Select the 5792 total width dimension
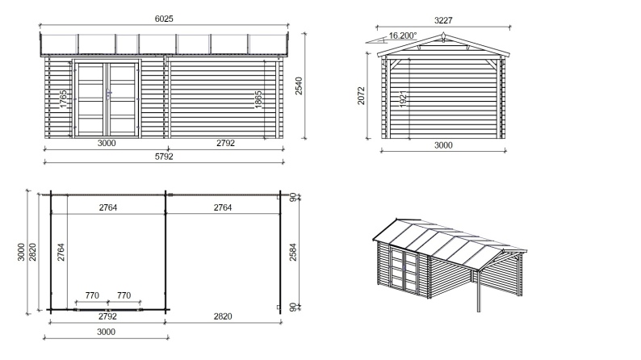165,157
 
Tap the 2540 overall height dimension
298,86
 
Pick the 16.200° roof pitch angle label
403,36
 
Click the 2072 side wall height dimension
362,97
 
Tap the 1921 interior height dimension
403,101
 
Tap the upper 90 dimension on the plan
293,196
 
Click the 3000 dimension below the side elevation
443,145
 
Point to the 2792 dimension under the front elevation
225,144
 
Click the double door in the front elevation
107,97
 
